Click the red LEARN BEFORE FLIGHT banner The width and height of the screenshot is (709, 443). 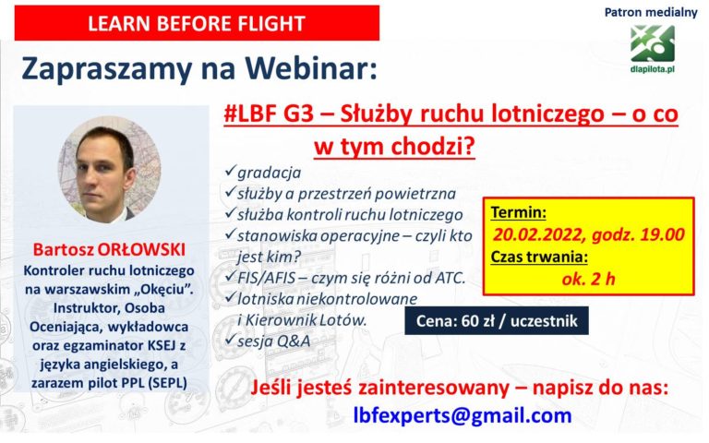click(197, 23)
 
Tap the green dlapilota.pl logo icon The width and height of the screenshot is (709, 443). click(652, 44)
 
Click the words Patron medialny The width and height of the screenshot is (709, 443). click(651, 12)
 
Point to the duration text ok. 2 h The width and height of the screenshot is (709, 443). click(588, 279)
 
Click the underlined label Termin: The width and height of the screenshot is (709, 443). click(519, 212)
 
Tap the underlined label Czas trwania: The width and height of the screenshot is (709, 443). click(539, 257)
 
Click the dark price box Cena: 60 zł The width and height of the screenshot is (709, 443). click(497, 321)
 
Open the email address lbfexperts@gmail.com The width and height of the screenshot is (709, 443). click(463, 415)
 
